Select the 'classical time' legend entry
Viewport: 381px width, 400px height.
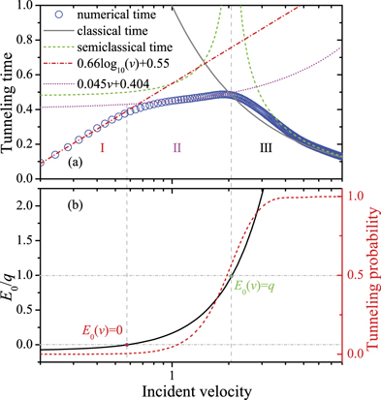coord(98,32)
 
